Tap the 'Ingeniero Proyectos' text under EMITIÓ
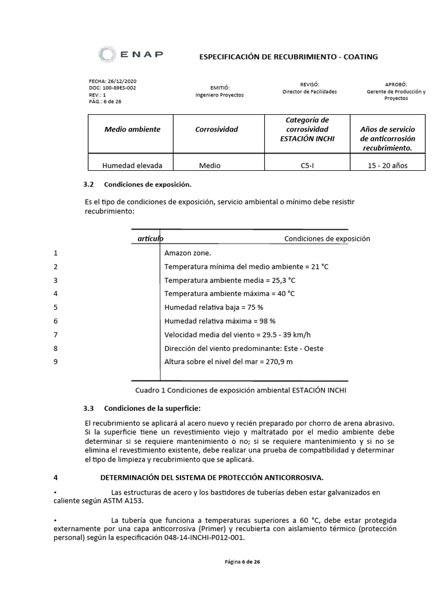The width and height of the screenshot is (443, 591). click(x=219, y=94)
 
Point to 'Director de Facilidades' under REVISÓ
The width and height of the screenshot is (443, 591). click(x=310, y=91)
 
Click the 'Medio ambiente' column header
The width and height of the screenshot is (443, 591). click(x=132, y=129)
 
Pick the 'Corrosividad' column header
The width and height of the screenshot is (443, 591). click(x=216, y=129)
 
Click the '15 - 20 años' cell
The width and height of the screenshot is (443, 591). click(x=387, y=165)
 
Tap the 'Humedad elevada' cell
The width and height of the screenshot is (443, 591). click(x=132, y=165)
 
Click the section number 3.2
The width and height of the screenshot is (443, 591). click(x=88, y=185)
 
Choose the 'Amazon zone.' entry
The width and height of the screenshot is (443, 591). click(x=187, y=253)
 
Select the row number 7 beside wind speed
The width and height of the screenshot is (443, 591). click(x=55, y=334)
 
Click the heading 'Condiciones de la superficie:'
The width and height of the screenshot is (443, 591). click(x=152, y=409)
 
